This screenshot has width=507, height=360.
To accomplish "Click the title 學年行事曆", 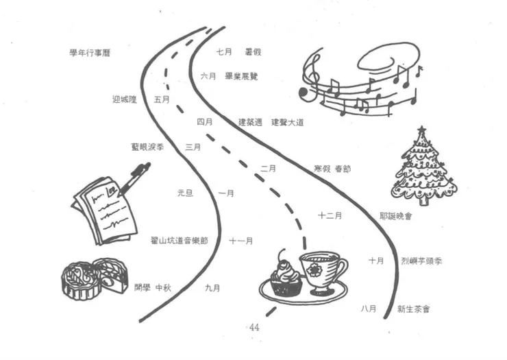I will pyautogui.click(x=90, y=53).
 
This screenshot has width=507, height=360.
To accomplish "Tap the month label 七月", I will pyautogui.click(x=224, y=51).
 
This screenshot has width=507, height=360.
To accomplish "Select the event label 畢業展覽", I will pyautogui.click(x=241, y=76).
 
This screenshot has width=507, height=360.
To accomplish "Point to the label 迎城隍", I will pyautogui.click(x=125, y=99).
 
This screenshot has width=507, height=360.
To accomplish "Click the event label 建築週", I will pyautogui.click(x=250, y=122).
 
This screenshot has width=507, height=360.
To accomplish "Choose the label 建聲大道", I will pyautogui.click(x=287, y=122).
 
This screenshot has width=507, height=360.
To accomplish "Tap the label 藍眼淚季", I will pyautogui.click(x=147, y=147).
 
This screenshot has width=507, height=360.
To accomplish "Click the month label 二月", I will pyautogui.click(x=268, y=169).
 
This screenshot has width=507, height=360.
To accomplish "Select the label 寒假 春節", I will pyautogui.click(x=332, y=169).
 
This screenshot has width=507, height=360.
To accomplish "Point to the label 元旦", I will pyautogui.click(x=185, y=194).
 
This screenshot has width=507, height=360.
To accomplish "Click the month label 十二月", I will pyautogui.click(x=330, y=215).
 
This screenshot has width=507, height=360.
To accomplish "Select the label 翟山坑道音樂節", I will pyautogui.click(x=179, y=241).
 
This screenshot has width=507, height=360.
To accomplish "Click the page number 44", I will pyautogui.click(x=254, y=327).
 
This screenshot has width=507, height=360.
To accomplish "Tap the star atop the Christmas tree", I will pyautogui.click(x=422, y=130).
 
